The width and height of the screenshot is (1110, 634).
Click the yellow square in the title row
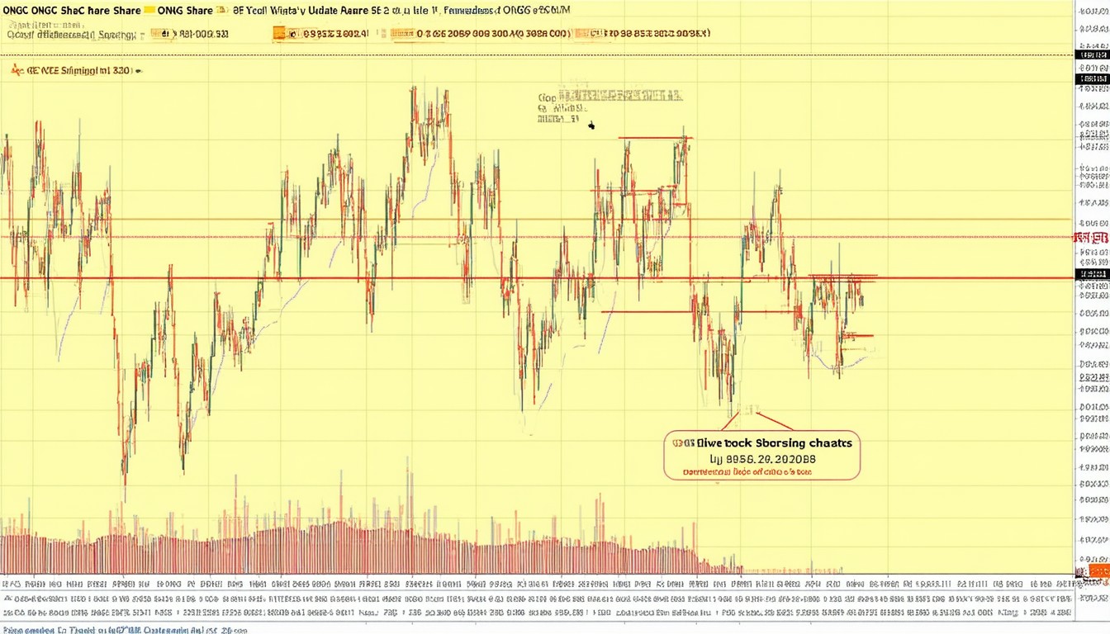(x=149, y=11)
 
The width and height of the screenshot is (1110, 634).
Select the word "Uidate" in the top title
(x=327, y=11)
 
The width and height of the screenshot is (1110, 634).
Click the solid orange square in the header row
(x=279, y=34)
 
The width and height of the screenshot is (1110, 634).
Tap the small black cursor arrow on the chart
(x=591, y=125)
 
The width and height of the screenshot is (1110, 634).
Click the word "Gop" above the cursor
(x=547, y=97)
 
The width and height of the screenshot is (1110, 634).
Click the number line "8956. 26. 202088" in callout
(x=762, y=459)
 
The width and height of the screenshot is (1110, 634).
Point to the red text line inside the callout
(x=747, y=473)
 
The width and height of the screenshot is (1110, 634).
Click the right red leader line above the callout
(x=774, y=421)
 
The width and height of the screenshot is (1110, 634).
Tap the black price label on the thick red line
(x=1092, y=274)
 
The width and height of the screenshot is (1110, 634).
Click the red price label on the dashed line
(x=1091, y=238)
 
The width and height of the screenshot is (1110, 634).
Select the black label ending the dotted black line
(x=1092, y=55)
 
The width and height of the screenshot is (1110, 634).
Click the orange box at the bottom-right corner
(x=1098, y=571)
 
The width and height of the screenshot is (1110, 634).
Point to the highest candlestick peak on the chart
(x=412, y=88)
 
